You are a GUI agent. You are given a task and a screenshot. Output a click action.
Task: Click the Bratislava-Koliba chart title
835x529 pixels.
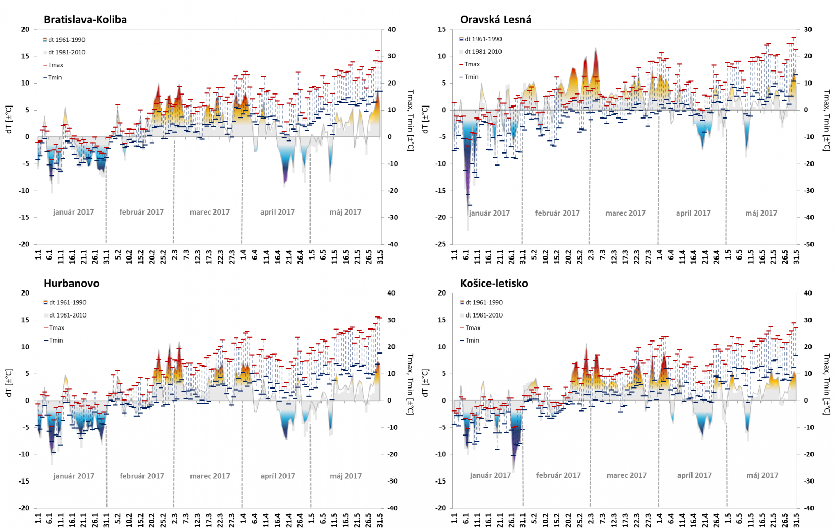click(x=85, y=20)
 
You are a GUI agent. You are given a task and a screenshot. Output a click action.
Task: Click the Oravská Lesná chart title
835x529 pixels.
click(x=495, y=20)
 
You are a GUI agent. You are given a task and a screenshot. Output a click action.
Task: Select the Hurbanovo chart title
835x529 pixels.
click(x=71, y=284)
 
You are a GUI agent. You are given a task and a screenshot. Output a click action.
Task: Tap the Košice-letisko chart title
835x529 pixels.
click(x=494, y=284)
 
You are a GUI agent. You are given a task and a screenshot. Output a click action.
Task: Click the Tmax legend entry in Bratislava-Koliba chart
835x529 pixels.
click(x=55, y=65)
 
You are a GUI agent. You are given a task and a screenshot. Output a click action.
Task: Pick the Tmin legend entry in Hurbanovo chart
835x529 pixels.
click(x=56, y=340)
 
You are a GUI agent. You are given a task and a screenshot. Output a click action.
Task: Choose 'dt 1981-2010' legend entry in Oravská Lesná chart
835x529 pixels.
click(x=483, y=52)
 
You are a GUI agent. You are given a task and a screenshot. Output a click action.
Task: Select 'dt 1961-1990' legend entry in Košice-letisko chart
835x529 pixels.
click(x=484, y=302)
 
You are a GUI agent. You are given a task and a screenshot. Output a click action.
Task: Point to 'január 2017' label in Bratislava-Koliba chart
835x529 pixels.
click(x=74, y=212)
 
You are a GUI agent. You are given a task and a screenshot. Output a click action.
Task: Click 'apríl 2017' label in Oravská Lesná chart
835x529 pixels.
click(x=693, y=213)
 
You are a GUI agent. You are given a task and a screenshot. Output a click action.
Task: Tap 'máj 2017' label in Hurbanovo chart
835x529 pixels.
click(x=345, y=476)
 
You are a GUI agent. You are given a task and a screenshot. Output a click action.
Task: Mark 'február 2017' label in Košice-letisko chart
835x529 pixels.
click(x=558, y=475)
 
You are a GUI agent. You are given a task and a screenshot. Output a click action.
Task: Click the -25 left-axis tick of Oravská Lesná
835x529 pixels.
click(x=442, y=244)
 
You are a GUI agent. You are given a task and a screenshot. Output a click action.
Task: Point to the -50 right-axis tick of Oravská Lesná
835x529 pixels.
click(x=808, y=244)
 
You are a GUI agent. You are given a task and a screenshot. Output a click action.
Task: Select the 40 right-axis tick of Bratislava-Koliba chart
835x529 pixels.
click(x=391, y=30)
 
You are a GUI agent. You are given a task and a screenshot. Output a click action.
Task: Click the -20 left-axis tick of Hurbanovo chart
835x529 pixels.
click(x=25, y=508)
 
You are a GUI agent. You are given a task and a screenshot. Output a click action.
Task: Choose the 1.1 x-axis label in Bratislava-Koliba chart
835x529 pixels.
click(x=38, y=254)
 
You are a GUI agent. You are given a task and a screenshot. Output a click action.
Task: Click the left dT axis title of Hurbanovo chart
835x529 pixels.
click(x=9, y=383)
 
